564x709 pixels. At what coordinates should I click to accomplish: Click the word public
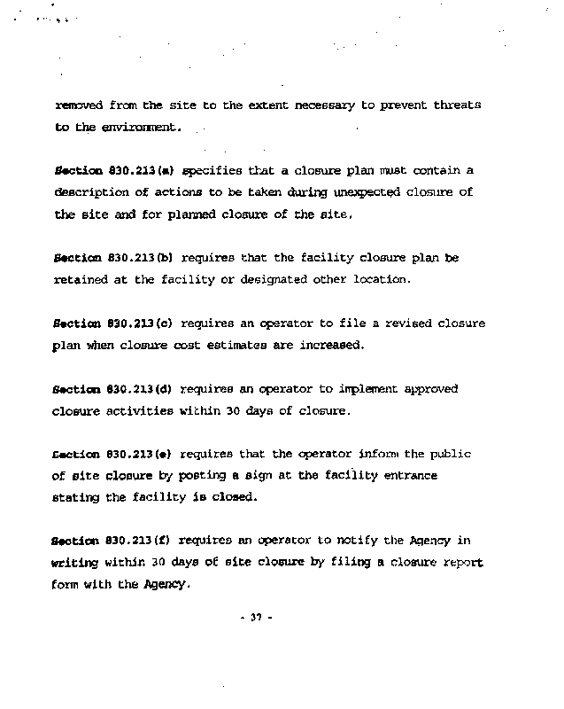coord(452,454)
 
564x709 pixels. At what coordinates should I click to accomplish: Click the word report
coord(462,563)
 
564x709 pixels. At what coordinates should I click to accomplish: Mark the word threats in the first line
coord(457,105)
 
